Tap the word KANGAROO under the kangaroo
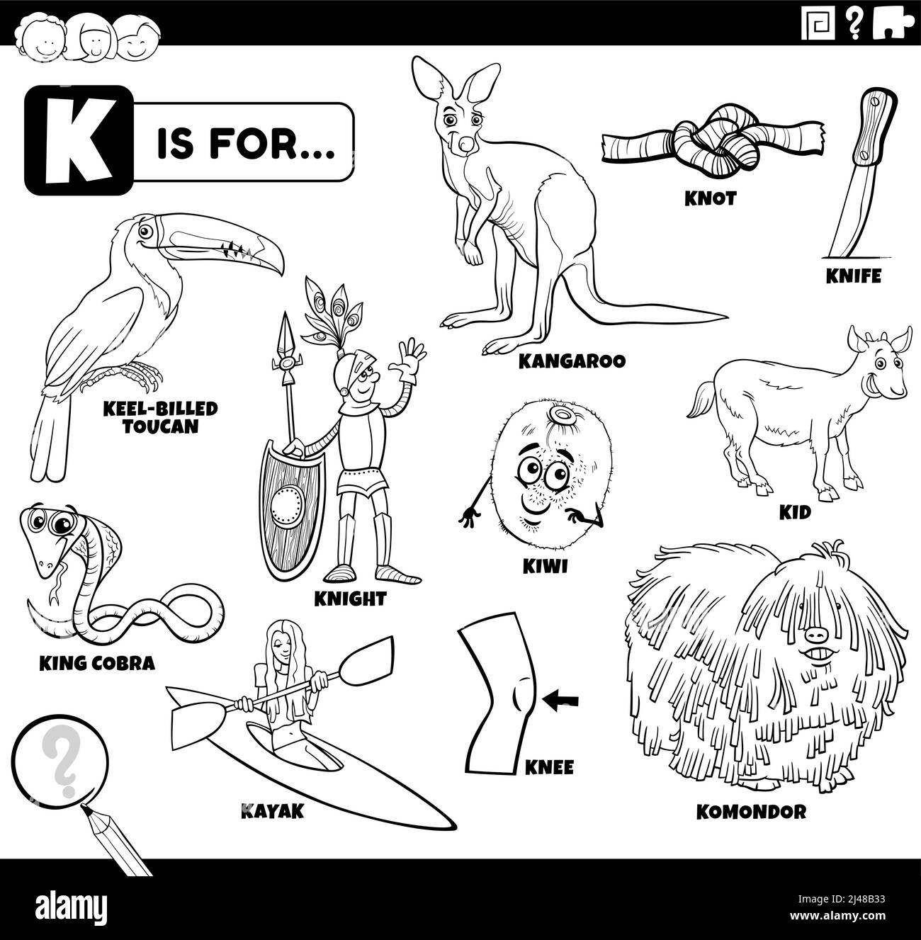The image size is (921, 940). point(572,361)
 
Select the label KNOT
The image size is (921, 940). point(710,198)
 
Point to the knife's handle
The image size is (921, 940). point(869,128)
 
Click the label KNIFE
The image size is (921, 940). point(854,276)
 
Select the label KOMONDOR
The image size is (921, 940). point(752,812)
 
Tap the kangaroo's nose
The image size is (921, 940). point(465,145)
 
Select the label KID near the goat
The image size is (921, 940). point(794,512)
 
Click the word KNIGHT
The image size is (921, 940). point(350,599)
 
